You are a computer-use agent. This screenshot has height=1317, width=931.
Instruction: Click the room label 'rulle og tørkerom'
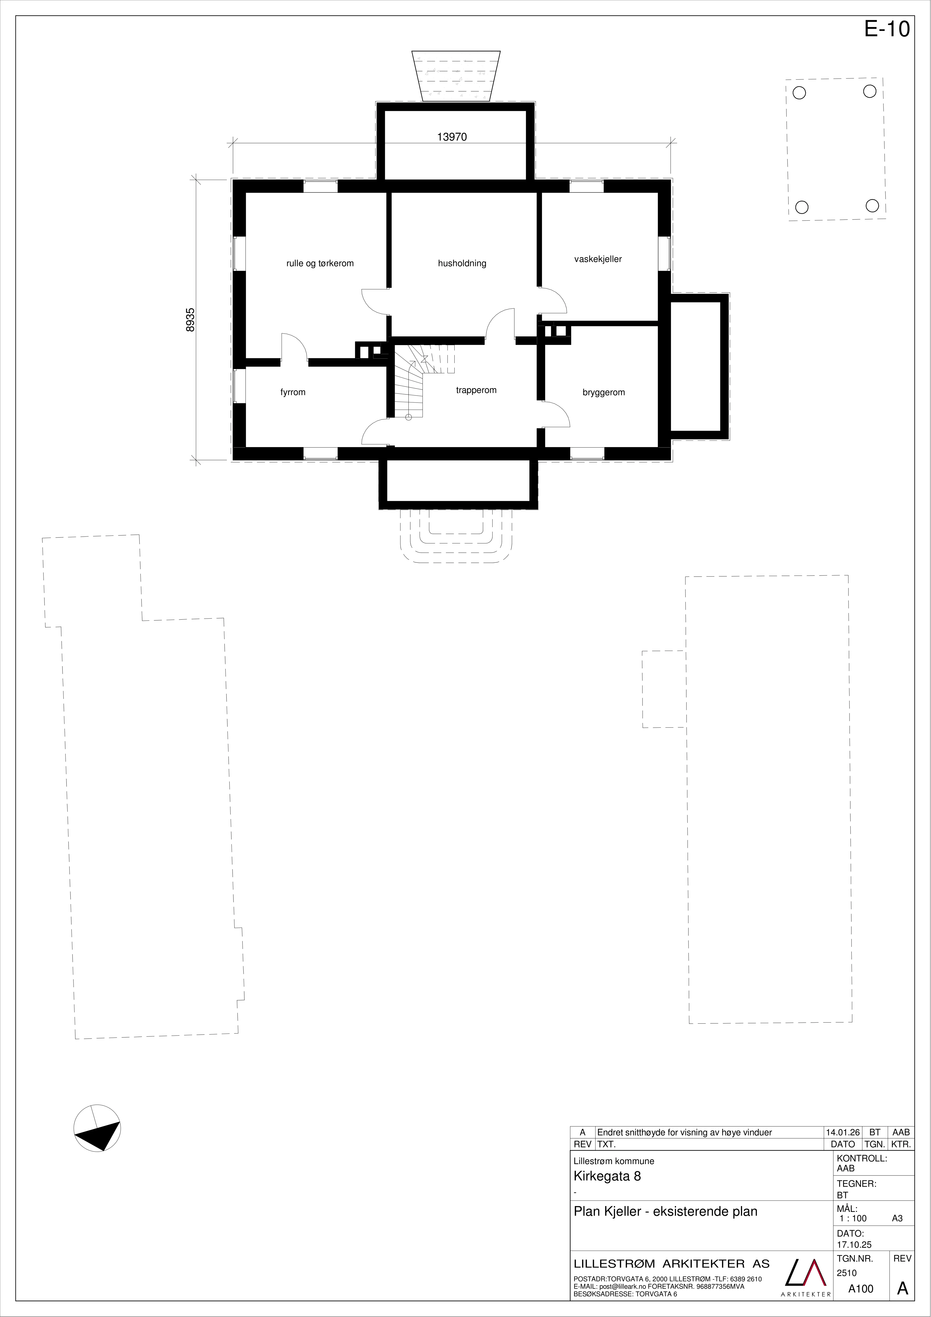click(320, 263)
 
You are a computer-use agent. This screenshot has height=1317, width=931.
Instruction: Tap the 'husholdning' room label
click(462, 263)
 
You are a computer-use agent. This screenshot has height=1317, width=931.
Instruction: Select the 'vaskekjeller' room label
click(598, 259)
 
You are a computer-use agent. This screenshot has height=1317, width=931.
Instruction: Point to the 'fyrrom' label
click(293, 392)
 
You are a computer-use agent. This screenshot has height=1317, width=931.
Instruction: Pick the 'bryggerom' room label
click(604, 392)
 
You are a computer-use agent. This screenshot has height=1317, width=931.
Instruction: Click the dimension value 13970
click(452, 137)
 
